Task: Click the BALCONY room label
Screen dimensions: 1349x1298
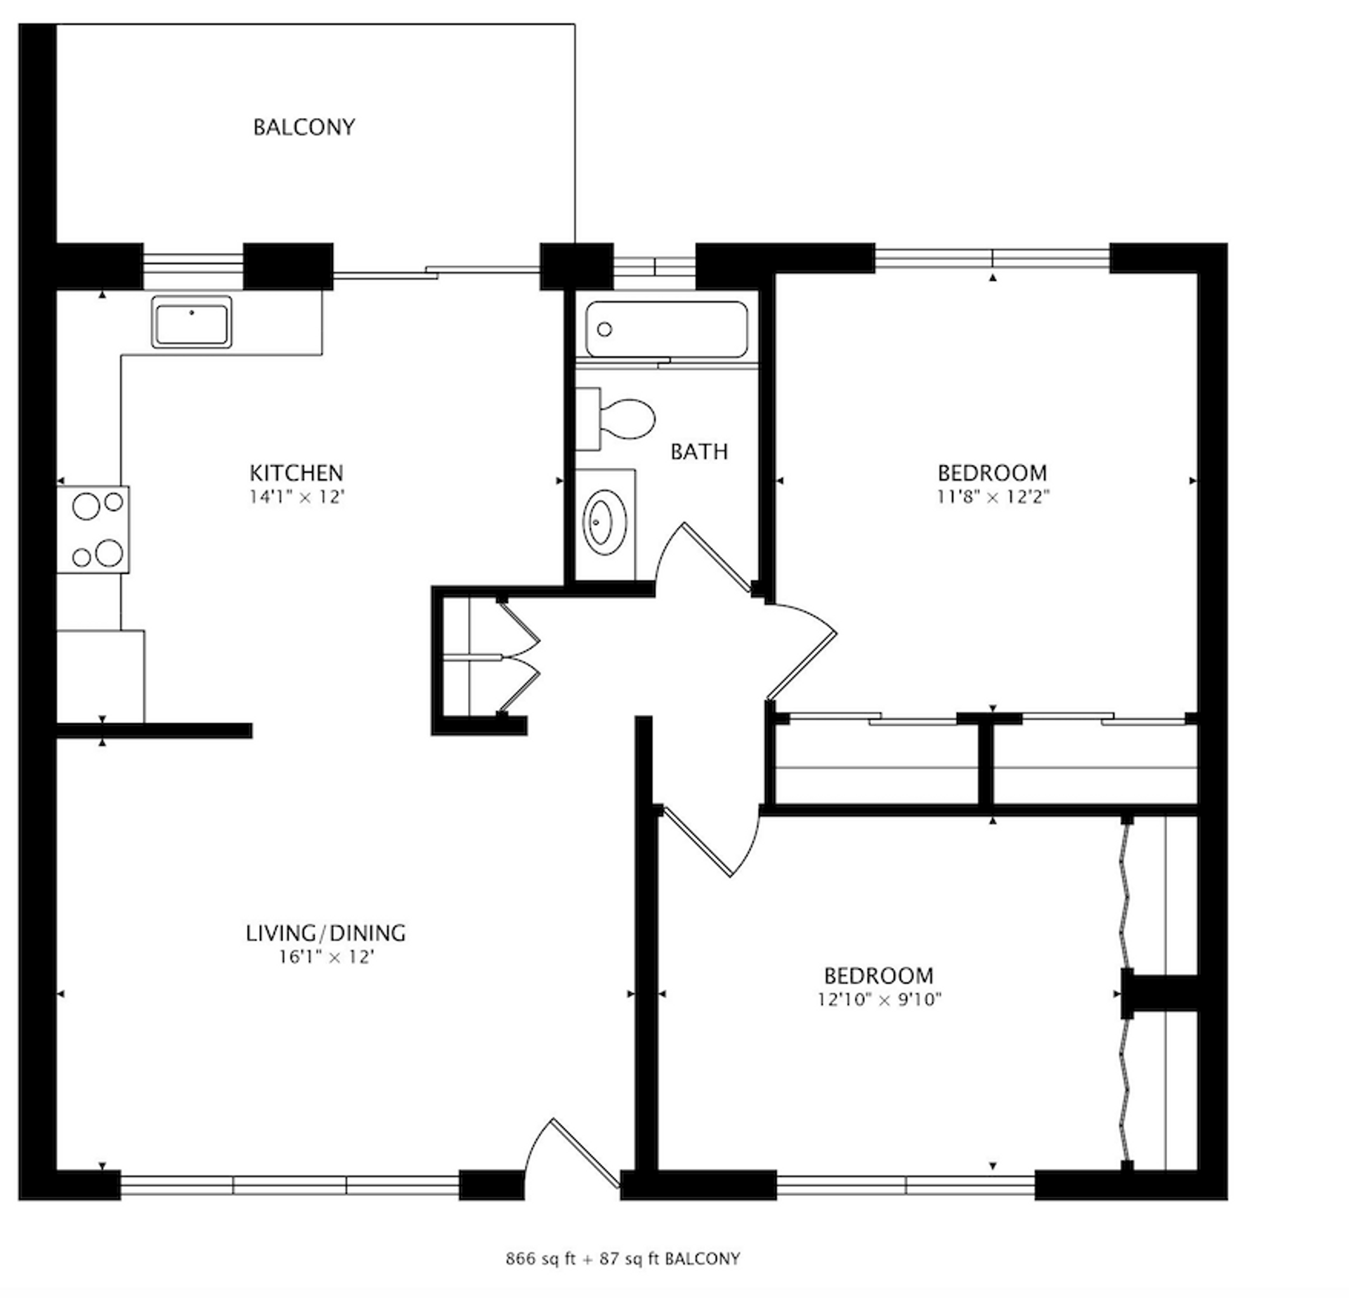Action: [304, 127]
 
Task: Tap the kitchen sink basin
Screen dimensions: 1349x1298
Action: [191, 322]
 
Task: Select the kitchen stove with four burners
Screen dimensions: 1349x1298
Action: [93, 529]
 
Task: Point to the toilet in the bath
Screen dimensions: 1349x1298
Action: [616, 419]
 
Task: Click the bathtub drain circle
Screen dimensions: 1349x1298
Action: [604, 329]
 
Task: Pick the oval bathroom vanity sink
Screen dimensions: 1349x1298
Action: [604, 523]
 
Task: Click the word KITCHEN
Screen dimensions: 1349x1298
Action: [296, 472]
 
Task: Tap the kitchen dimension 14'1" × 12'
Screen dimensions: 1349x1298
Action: [296, 497]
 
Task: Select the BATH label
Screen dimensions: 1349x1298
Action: [699, 452]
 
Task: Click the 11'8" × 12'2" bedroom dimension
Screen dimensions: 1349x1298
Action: [993, 497]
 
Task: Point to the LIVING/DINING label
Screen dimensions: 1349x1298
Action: [326, 933]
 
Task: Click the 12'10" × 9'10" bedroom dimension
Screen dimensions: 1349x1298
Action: [879, 999]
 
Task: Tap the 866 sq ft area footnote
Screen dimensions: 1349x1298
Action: [623, 1258]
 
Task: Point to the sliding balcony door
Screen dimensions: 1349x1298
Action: [436, 270]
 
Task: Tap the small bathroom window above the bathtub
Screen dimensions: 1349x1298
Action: [654, 266]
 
